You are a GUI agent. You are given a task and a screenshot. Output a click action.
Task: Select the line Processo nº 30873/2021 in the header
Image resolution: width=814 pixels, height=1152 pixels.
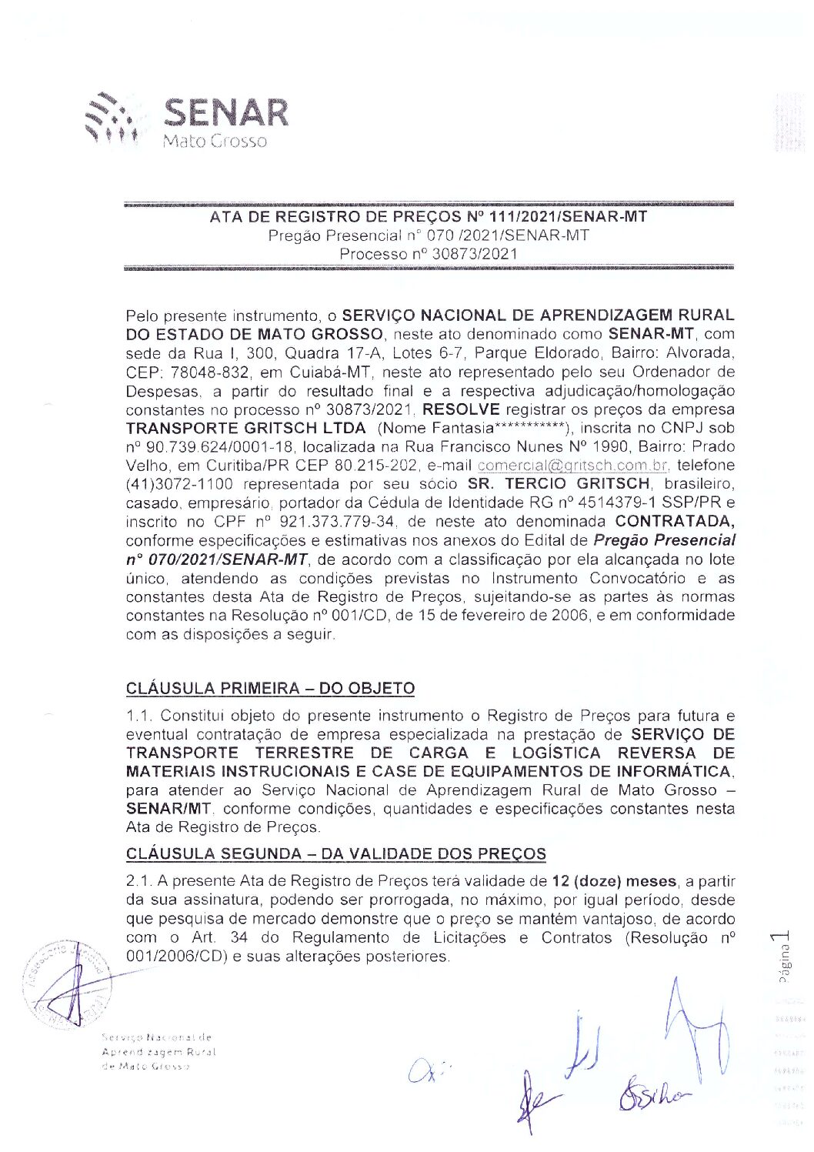(x=429, y=254)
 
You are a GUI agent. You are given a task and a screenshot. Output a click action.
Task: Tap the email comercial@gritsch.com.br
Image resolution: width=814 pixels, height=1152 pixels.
(x=572, y=466)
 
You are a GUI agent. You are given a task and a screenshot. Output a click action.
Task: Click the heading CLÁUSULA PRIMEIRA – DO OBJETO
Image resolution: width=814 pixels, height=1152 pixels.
(x=270, y=689)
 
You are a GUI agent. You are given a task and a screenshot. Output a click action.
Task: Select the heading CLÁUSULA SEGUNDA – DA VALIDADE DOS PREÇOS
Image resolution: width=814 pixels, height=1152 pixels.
(x=335, y=854)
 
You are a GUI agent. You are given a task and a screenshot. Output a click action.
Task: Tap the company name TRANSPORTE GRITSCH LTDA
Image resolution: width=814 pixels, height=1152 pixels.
(x=245, y=429)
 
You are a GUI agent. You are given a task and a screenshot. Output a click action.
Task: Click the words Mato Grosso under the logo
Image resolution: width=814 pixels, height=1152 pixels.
(x=215, y=142)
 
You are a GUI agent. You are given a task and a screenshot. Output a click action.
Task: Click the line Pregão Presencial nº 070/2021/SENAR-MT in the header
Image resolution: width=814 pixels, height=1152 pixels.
(x=429, y=235)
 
